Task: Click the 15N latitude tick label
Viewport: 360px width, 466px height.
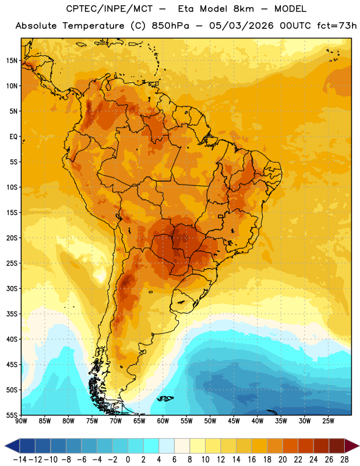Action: click(12, 61)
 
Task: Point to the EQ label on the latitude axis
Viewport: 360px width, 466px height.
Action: click(13, 137)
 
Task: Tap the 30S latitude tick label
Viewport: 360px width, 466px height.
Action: click(12, 288)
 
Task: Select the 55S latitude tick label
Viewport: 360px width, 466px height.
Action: click(12, 415)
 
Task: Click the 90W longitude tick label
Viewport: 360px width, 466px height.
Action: click(21, 421)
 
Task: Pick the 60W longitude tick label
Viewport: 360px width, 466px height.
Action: click(163, 421)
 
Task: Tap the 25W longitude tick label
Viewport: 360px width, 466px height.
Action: click(328, 421)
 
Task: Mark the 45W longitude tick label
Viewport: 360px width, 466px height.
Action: click(234, 421)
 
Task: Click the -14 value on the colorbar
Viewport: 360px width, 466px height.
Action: click(20, 460)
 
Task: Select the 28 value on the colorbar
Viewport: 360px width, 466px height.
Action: click(344, 460)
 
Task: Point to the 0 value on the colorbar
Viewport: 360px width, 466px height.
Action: click(128, 460)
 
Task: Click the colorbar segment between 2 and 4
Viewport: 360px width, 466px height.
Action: click(151, 446)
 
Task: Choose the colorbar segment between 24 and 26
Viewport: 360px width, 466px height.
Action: click(321, 446)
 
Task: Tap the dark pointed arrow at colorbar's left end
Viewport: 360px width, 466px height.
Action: click(12, 446)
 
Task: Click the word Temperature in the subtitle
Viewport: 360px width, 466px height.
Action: click(93, 26)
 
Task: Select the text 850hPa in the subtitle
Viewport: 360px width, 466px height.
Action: click(170, 26)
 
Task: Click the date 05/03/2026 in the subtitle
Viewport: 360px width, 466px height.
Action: click(241, 26)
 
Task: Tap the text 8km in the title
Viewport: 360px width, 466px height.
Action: click(243, 9)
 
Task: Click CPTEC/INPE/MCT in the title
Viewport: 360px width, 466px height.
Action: click(110, 9)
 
